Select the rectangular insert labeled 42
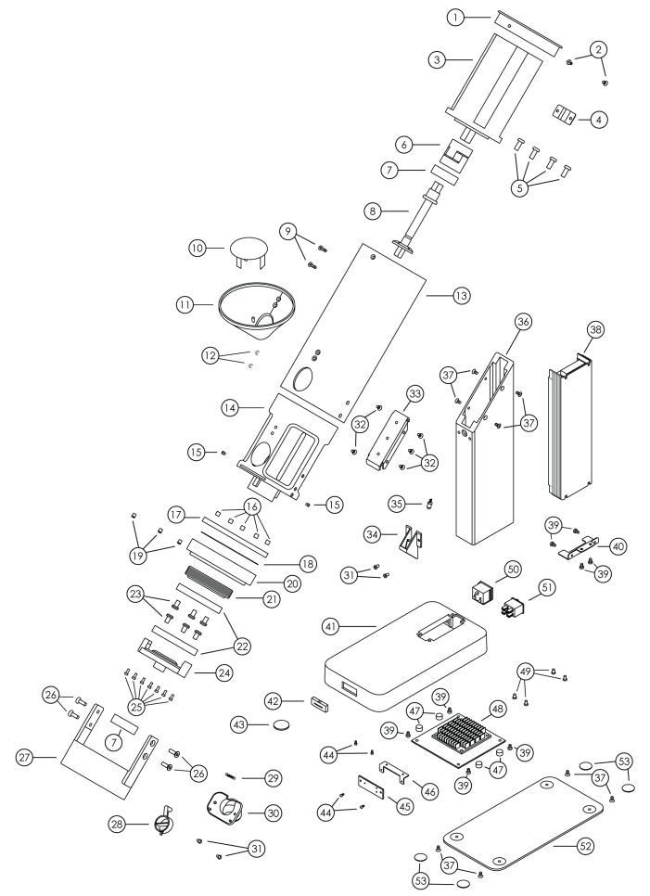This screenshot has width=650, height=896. (x=323, y=701)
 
